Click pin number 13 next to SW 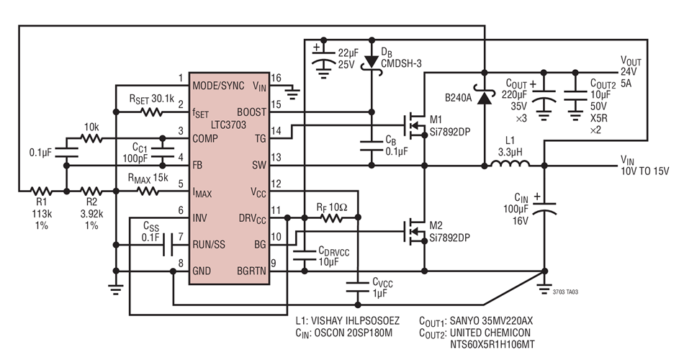[x=275, y=157]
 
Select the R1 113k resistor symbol [x=42, y=192]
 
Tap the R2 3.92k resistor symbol [x=91, y=192]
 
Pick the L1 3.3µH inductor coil [x=510, y=166]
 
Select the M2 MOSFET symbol [x=415, y=230]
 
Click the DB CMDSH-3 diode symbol [x=372, y=63]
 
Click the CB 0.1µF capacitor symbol [x=372, y=145]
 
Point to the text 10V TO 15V [x=644, y=171]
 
